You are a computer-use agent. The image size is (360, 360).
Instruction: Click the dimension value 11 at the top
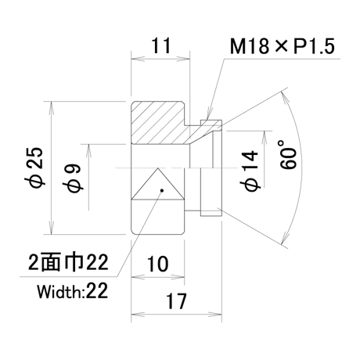tap(161, 45)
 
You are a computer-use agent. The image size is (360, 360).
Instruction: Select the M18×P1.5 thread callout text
tap(283, 46)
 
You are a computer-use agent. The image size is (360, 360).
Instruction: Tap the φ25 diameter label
tap(37, 167)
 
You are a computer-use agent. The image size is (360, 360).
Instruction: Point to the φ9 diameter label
tap(73, 178)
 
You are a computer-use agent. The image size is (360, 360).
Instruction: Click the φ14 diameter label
tap(250, 171)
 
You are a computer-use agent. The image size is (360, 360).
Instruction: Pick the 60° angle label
tap(289, 154)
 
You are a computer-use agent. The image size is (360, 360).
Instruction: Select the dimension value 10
tap(158, 264)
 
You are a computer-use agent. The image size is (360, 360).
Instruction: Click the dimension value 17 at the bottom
tap(176, 301)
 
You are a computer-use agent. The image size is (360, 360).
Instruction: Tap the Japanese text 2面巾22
tap(68, 262)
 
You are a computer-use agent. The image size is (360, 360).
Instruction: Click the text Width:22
tap(73, 291)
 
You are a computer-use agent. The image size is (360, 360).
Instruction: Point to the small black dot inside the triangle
tap(162, 190)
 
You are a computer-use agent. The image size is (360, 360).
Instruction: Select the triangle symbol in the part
tap(157, 184)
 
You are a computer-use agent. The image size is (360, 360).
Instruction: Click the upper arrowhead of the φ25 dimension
tap(52, 107)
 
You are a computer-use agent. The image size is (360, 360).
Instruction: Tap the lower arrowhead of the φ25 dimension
tap(52, 228)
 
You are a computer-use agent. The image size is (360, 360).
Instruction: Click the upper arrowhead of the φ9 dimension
tap(88, 150)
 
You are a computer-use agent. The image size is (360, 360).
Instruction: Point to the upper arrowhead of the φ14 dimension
tap(265, 137)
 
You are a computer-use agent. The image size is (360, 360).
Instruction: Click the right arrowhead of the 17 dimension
tap(215, 315)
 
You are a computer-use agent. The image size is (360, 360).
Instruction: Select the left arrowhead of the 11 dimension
tap(138, 59)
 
